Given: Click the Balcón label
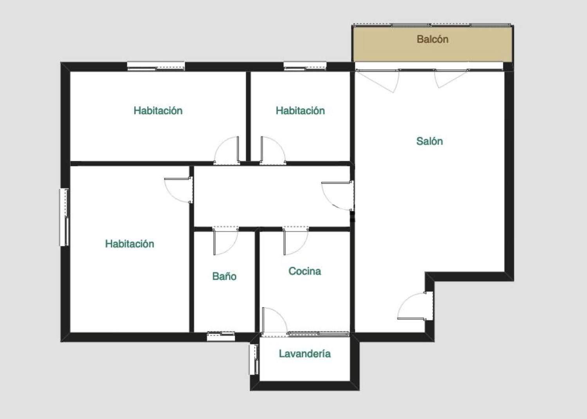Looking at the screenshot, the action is pos(432,39).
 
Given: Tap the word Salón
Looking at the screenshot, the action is pos(430,141).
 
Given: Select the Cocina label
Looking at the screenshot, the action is pos(304,271).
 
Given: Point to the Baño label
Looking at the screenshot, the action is pos(224,276).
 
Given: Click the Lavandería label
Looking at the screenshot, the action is pos(304,354).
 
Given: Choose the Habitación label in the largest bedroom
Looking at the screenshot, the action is pos(130,244).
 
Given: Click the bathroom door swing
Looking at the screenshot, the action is pos(226,241).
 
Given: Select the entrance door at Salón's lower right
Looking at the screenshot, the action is pos(415,306).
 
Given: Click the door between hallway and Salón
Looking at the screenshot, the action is pos(337,195).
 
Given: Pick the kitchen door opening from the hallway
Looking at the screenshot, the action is pos(295,241).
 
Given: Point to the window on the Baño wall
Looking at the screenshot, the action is pos(221,336).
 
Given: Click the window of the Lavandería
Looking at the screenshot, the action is pos(254,359).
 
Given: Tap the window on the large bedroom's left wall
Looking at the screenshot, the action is pos(64,217).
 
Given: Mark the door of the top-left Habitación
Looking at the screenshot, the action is pos(227,150).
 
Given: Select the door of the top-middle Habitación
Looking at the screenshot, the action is pos(273,150).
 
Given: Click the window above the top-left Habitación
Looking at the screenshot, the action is pos(156,66).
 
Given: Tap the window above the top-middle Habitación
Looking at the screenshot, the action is pos(305,66).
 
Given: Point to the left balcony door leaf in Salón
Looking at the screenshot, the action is pos(377,81).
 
